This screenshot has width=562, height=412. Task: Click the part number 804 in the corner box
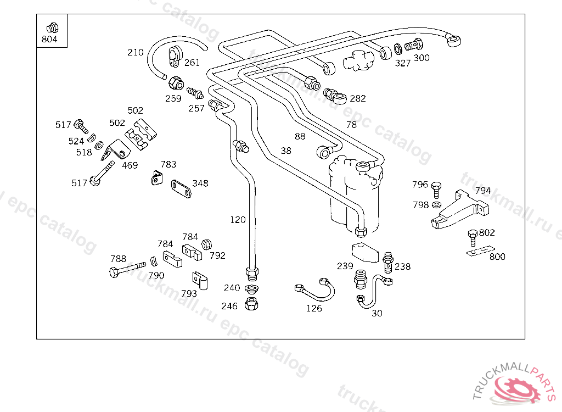pos(49,40)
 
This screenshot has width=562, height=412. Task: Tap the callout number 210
pos(135,53)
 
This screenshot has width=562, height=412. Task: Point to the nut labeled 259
pos(176,83)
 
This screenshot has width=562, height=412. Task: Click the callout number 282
pos(357,98)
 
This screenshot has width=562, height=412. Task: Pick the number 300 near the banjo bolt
pos(421,58)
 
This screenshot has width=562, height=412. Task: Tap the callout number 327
pos(403,63)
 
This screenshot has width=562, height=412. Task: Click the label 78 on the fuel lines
pos(351,125)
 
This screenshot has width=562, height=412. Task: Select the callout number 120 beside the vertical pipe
pos(238,220)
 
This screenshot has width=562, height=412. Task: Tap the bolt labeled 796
pos(436,189)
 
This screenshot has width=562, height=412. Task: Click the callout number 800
pos(497,257)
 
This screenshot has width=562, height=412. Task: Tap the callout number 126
pos(314,308)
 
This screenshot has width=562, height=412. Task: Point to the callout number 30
pos(377,313)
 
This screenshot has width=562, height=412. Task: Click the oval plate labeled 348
pos(181,190)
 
